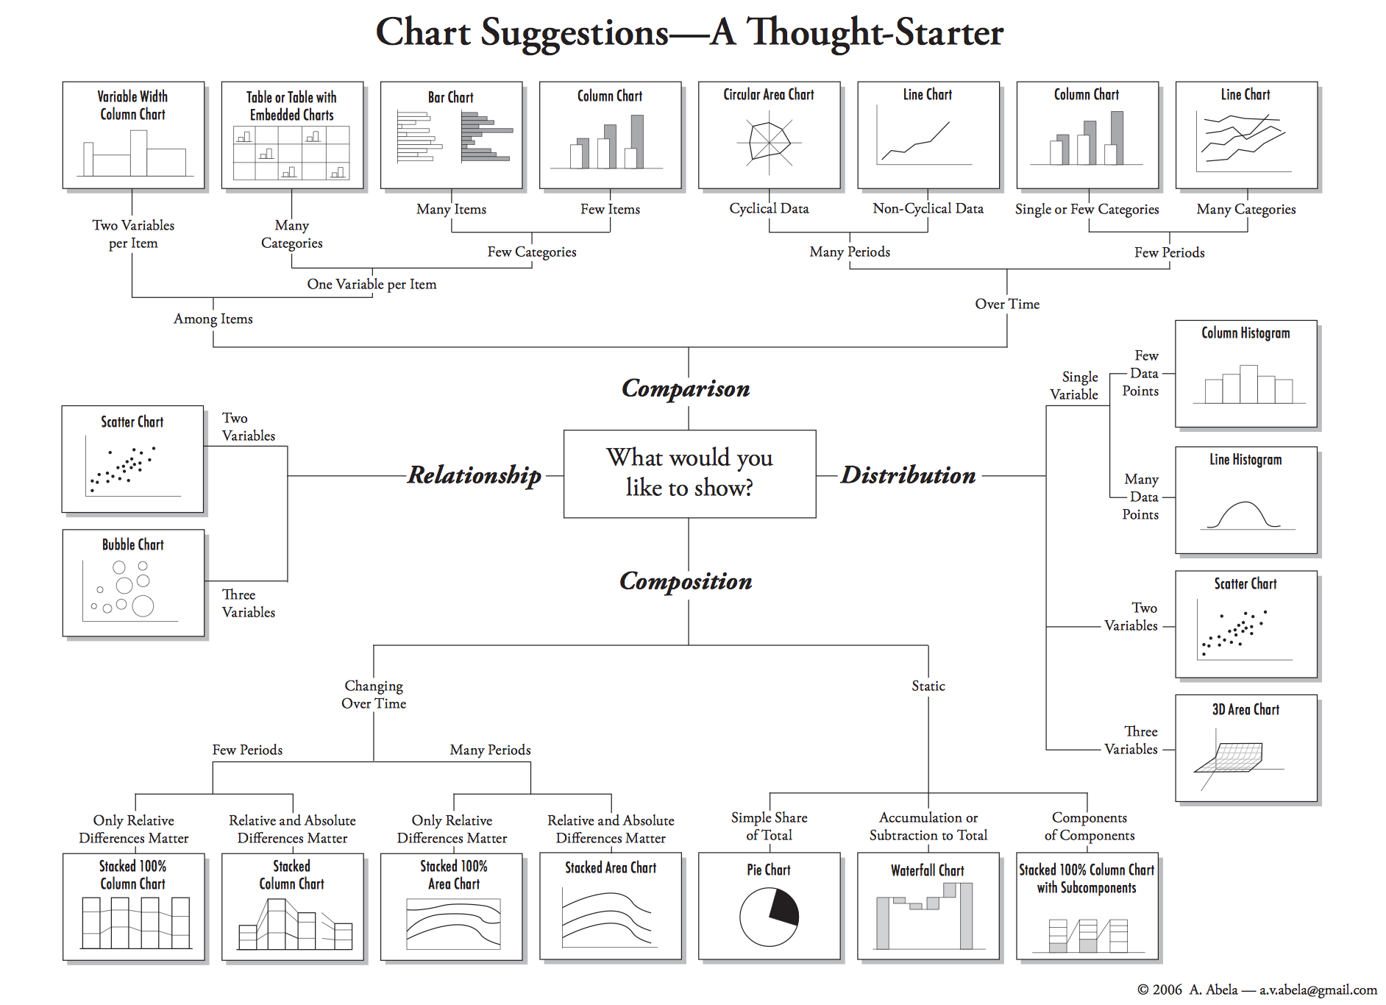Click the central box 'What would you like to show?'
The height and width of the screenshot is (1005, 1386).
pos(689,473)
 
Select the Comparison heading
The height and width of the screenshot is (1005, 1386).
pos(686,388)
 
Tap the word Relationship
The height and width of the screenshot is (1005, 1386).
pos(475,475)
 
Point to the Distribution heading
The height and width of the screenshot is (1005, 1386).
pos(908,475)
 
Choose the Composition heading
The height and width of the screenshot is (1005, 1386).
pos(686,581)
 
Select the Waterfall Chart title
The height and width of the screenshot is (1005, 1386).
pos(927,870)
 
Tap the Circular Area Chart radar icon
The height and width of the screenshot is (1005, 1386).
pos(769,142)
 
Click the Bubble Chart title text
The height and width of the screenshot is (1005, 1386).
pos(133,544)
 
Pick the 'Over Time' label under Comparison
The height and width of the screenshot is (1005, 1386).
pos(1007,304)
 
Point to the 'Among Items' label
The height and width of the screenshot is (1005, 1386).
pos(213,319)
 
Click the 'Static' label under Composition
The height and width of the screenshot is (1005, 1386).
pos(928,686)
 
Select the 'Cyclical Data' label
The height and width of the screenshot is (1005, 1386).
pos(769,208)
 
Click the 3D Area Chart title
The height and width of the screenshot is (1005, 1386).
pos(1245,709)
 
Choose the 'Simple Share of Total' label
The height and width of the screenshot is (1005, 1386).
pos(769,826)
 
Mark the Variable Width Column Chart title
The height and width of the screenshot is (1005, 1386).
pos(133,105)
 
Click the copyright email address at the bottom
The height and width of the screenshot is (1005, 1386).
pos(1318,990)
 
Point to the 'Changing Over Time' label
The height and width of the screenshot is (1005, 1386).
pos(374,694)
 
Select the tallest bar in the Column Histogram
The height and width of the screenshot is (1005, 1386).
pos(1248,384)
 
